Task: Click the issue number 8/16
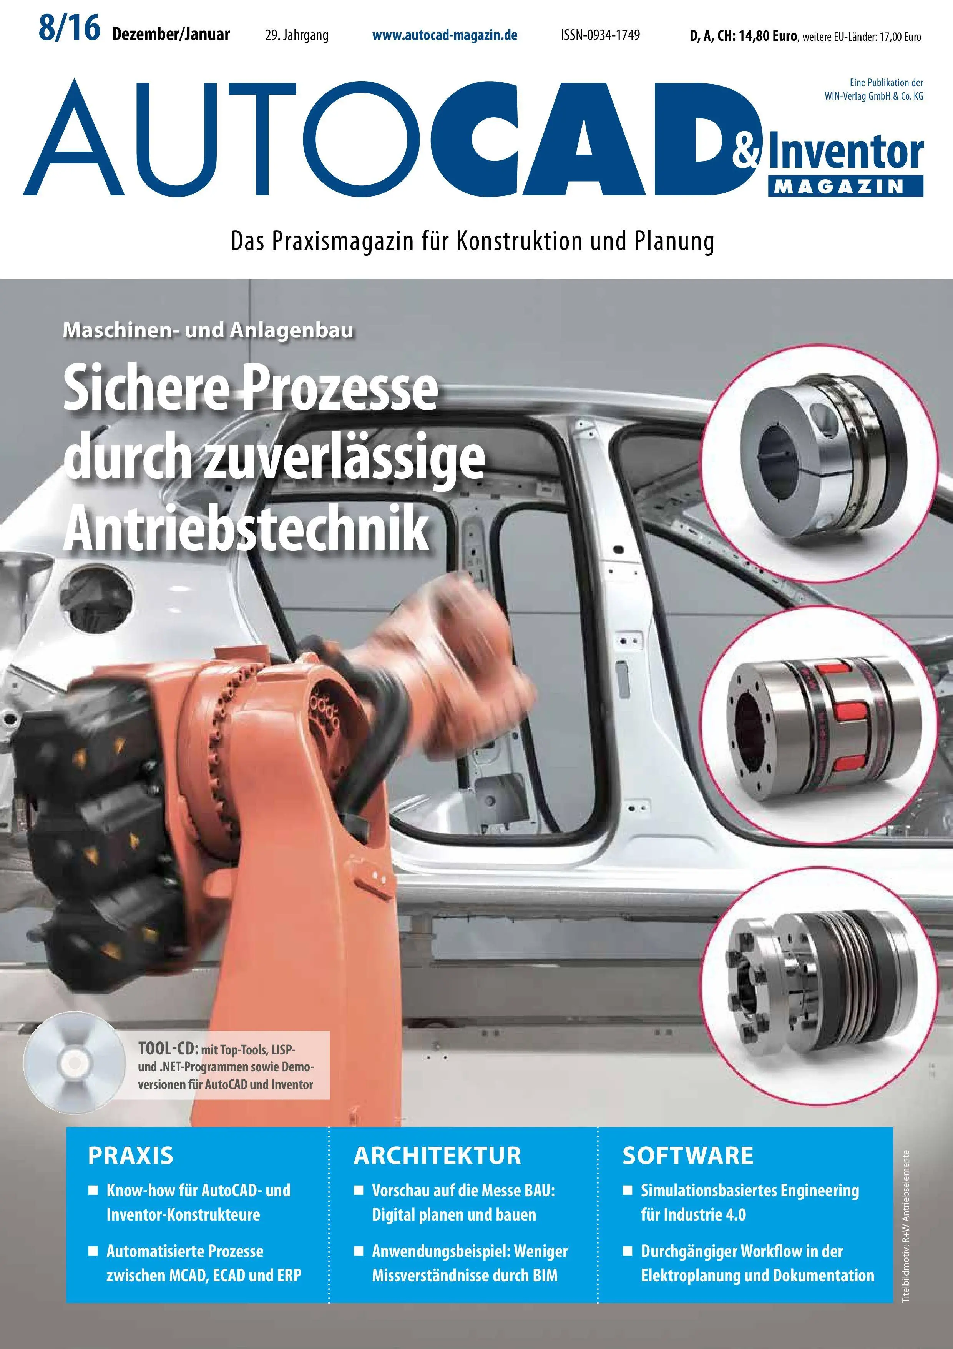tap(69, 29)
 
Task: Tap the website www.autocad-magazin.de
tap(445, 35)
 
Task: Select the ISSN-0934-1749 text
tap(600, 35)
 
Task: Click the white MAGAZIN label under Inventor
tap(845, 187)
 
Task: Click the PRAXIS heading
tap(130, 1156)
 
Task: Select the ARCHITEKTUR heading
tap(437, 1156)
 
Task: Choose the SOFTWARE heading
tap(687, 1156)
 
